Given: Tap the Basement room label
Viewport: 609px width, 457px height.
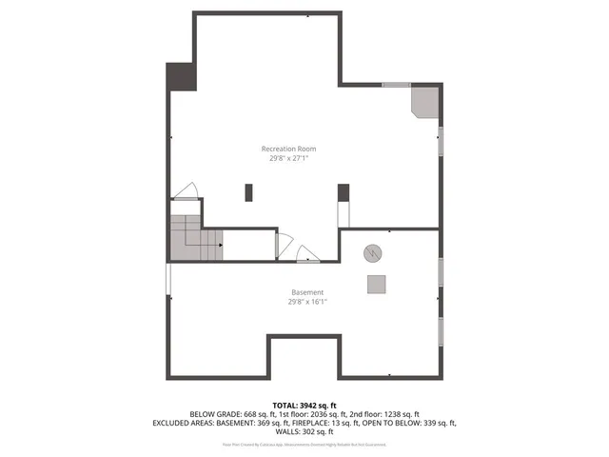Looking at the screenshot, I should [x=306, y=292].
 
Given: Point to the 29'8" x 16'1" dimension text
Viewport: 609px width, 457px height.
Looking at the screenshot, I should [x=306, y=302].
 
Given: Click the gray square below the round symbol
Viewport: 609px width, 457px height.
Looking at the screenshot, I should [x=377, y=283].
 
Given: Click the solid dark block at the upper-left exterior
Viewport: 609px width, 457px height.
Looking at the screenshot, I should [x=181, y=77].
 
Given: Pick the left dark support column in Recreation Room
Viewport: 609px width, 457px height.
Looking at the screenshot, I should [x=248, y=192].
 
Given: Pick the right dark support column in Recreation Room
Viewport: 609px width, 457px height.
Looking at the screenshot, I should [x=343, y=192].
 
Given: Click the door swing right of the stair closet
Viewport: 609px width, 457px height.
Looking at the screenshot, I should [x=282, y=244].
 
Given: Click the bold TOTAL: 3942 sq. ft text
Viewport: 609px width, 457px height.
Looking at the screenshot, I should [x=304, y=404].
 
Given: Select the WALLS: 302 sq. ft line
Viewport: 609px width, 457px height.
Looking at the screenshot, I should [x=304, y=432].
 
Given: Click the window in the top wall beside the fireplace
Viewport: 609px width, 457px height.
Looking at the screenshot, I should [x=396, y=85].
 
